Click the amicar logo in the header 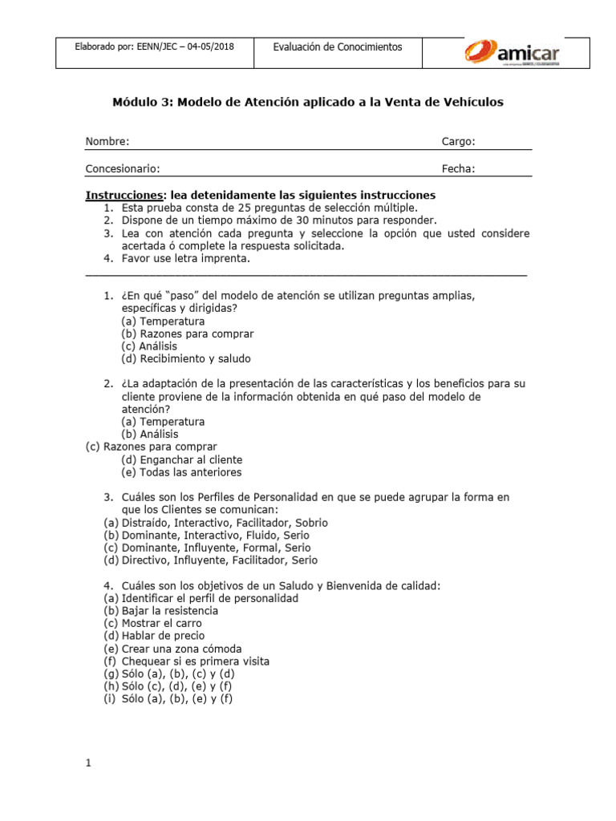[512, 53]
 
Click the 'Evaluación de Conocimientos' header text [338, 47]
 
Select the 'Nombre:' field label [107, 142]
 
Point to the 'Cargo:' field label [458, 142]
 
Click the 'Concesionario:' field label [123, 168]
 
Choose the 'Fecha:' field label [458, 168]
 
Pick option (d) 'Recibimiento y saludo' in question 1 [186, 359]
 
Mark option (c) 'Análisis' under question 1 [149, 346]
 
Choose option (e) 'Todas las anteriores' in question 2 [181, 473]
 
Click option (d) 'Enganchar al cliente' [181, 460]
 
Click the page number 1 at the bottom [88, 763]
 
